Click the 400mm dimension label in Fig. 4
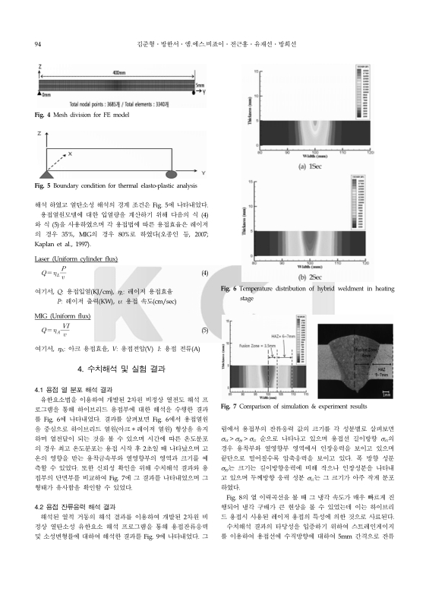(118, 72)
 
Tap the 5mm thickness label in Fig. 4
(200, 87)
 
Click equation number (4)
(204, 273)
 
